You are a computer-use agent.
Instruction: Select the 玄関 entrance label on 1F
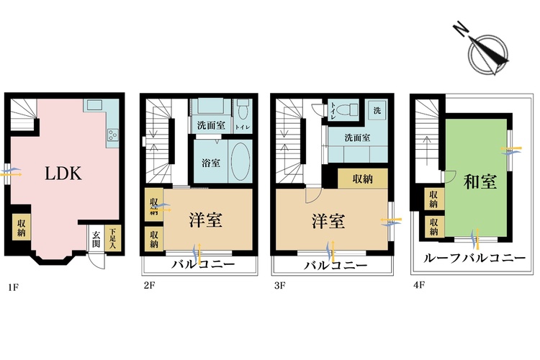tap(96, 239)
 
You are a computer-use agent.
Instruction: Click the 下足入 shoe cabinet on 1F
tap(112, 239)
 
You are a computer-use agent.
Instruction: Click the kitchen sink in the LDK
tap(95, 105)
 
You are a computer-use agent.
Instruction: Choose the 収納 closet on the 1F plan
tap(20, 226)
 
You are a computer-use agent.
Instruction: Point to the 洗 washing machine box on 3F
tap(376, 110)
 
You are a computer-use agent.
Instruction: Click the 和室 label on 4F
tap(479, 182)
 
